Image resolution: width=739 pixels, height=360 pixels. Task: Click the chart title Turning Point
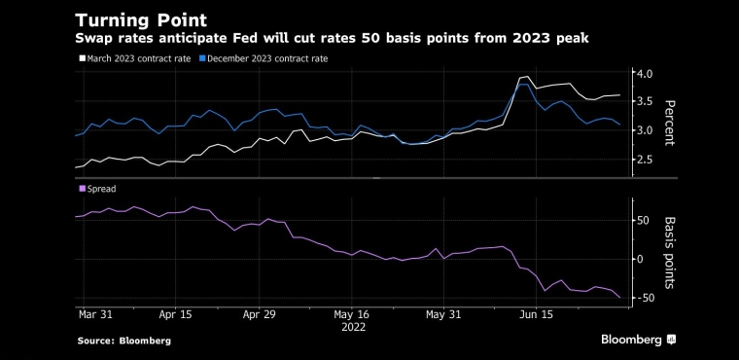coord(141,20)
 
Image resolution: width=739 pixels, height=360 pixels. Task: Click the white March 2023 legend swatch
coord(82,58)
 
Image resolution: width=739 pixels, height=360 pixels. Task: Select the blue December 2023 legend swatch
coord(202,58)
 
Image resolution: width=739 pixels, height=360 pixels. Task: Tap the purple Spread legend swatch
coord(82,189)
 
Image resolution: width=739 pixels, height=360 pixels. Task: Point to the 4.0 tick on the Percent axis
coord(646,74)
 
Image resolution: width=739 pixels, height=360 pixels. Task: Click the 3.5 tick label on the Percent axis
coord(646,101)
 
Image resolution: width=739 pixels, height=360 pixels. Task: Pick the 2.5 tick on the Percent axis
coord(646,160)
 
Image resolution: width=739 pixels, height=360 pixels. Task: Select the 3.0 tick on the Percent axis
coord(646,130)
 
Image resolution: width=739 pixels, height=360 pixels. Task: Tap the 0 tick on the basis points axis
coord(641,259)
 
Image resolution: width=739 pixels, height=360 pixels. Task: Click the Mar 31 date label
coord(94,314)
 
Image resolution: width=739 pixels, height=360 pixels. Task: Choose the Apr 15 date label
coord(176,314)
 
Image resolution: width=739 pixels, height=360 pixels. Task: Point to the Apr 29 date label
coord(260,314)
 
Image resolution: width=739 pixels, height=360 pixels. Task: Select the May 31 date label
coord(443,314)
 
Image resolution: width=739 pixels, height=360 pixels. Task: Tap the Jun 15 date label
coord(537,314)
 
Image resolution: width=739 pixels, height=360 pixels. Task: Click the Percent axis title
coord(669,124)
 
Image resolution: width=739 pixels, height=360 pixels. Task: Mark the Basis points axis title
coord(669,252)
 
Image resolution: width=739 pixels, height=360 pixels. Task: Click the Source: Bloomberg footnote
coord(124,341)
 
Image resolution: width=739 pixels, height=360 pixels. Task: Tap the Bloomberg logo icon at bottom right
coord(671,340)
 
